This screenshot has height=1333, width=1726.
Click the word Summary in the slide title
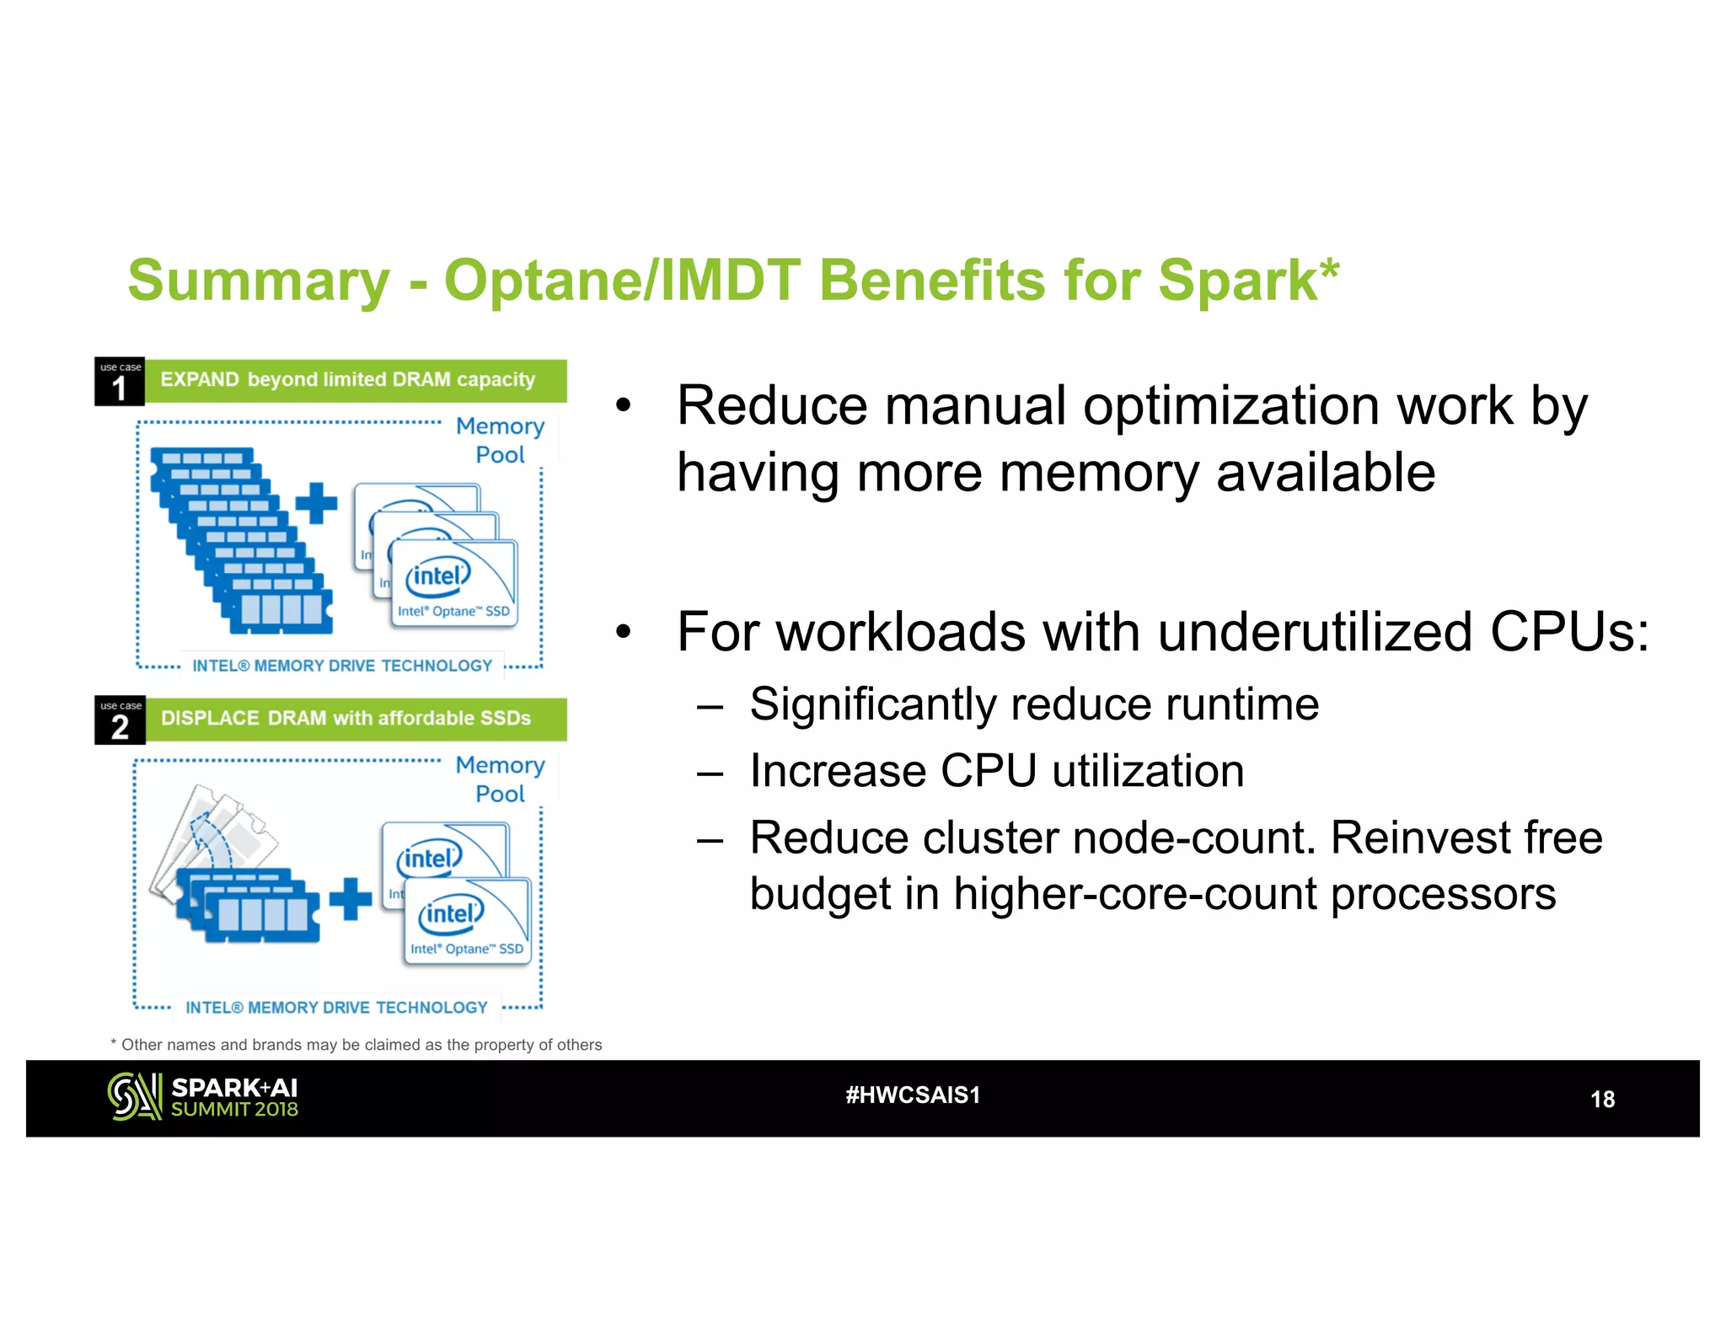click(259, 281)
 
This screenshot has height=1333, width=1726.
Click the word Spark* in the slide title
click(1247, 281)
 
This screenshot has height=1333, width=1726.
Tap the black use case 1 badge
click(120, 382)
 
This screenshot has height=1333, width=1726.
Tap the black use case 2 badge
click(120, 721)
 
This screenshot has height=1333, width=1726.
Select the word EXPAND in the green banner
click(200, 380)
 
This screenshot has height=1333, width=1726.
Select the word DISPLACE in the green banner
click(210, 719)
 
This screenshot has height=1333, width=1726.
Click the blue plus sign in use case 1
click(316, 503)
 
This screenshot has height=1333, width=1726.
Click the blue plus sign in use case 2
click(350, 898)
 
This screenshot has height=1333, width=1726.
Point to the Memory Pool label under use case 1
click(500, 440)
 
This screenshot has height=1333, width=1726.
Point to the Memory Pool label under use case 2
click(500, 779)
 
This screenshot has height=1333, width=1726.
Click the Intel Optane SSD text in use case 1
click(453, 612)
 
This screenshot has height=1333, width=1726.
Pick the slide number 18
click(1602, 1100)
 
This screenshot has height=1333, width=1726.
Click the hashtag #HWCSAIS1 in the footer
click(913, 1095)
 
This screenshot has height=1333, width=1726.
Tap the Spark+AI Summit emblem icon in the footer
click(134, 1097)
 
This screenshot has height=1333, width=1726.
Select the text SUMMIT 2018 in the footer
click(234, 1110)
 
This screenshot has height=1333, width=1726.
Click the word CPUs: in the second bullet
click(1569, 632)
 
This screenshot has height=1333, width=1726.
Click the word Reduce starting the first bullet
click(772, 406)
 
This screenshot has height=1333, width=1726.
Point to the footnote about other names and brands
click(357, 1045)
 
